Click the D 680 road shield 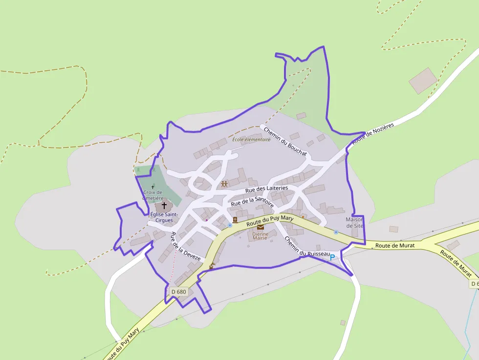pos(179,292)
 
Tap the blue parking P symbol pos(332,257)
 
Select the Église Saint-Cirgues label pos(164,217)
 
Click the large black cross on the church pos(164,206)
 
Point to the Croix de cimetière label pos(153,195)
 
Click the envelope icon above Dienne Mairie pos(261,227)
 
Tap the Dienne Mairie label pos(261,236)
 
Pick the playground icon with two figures pos(224,184)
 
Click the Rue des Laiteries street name pos(266,188)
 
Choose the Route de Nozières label pos(372,133)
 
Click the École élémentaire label pos(251,140)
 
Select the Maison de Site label pos(354,223)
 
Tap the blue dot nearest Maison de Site pos(336,232)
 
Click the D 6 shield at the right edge pos(474,284)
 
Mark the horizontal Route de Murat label pos(395,246)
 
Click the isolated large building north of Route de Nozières pos(423,81)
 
